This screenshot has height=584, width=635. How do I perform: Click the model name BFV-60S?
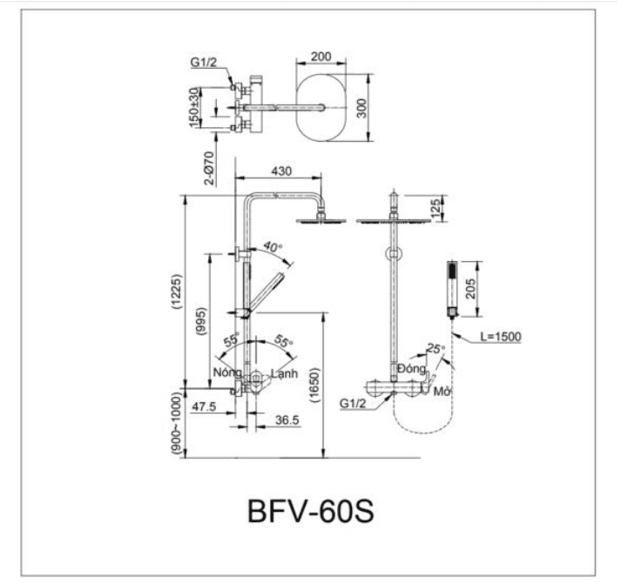coord(310,510)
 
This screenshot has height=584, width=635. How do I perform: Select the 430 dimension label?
coord(280,171)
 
